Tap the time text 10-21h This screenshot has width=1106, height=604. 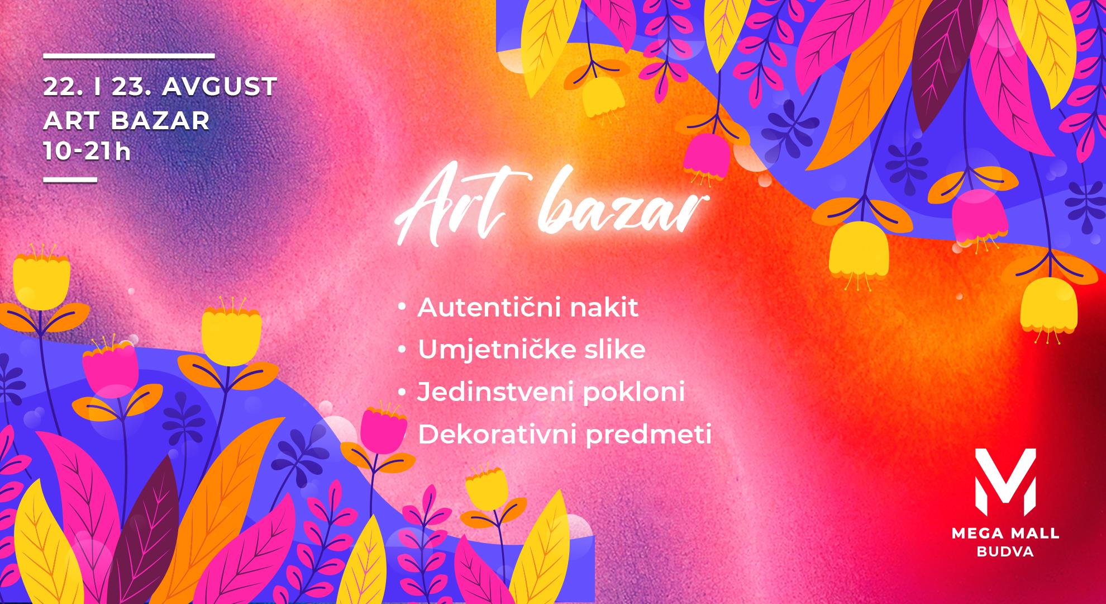pyautogui.click(x=87, y=152)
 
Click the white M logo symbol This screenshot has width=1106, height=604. pyautogui.click(x=1005, y=482)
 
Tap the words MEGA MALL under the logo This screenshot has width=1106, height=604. pyautogui.click(x=1005, y=534)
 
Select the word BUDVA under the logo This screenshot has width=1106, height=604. pyautogui.click(x=1005, y=552)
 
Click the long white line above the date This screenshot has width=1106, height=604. pyautogui.click(x=129, y=56)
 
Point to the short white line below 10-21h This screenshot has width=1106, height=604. pyautogui.click(x=70, y=180)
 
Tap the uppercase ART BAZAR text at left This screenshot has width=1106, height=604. pyautogui.click(x=127, y=120)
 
